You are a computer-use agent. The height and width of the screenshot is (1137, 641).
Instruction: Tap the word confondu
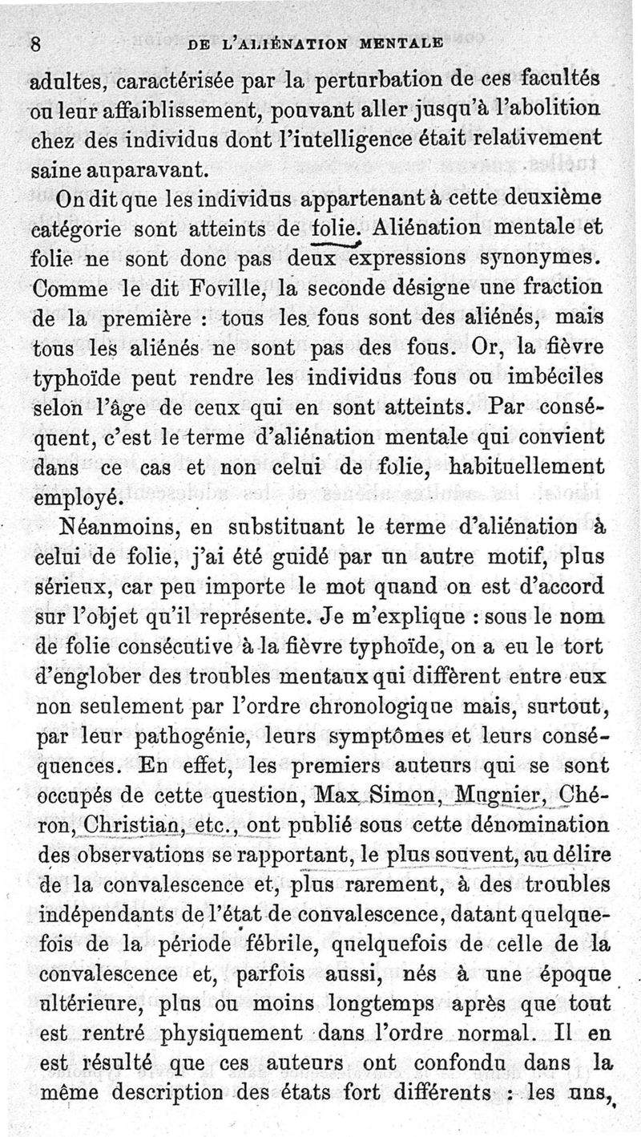pyautogui.click(x=458, y=1062)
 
